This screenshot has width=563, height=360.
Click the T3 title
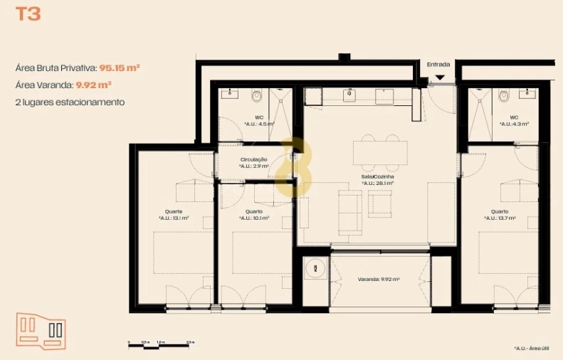point(28,14)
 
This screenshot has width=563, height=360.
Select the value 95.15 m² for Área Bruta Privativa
point(119,68)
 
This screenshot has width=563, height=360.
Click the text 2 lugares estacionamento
point(70,102)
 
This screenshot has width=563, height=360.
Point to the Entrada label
point(438,65)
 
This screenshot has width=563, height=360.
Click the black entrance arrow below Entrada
point(439,77)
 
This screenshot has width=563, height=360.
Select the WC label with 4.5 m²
point(259,120)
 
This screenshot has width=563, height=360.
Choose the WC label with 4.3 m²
point(513,120)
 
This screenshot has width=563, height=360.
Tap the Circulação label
point(254,162)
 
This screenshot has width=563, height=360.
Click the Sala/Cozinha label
point(377,179)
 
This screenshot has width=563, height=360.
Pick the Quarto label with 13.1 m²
point(174,215)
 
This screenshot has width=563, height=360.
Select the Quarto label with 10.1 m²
point(254,215)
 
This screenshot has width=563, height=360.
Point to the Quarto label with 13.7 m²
point(499,215)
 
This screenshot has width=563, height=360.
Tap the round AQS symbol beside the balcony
point(315,268)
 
